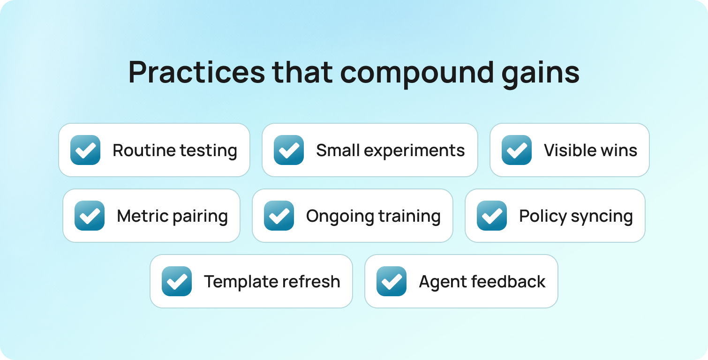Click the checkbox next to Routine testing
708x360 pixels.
click(x=85, y=150)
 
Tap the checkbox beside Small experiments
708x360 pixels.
click(x=289, y=150)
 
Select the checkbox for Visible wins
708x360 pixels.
click(x=517, y=150)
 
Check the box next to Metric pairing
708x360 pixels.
click(x=90, y=216)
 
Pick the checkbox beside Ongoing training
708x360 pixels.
click(x=279, y=216)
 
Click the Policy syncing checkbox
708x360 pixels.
click(x=492, y=216)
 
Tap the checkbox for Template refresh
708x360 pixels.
click(x=177, y=281)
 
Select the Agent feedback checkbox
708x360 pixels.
click(x=392, y=281)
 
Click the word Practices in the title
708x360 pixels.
click(x=196, y=72)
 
